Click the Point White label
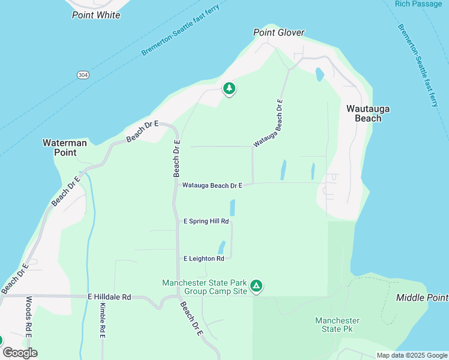(x=96, y=15)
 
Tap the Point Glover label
(x=279, y=33)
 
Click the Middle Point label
(x=422, y=298)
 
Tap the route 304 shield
(x=83, y=74)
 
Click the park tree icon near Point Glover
(x=229, y=89)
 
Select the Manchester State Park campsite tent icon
(x=256, y=286)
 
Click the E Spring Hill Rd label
(x=206, y=221)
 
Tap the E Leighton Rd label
(x=203, y=259)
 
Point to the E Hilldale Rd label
(x=109, y=297)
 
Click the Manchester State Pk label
(x=337, y=325)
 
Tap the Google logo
(x=20, y=353)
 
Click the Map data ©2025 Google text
(x=411, y=355)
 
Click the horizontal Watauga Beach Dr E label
(x=212, y=186)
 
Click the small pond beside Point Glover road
(x=319, y=74)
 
